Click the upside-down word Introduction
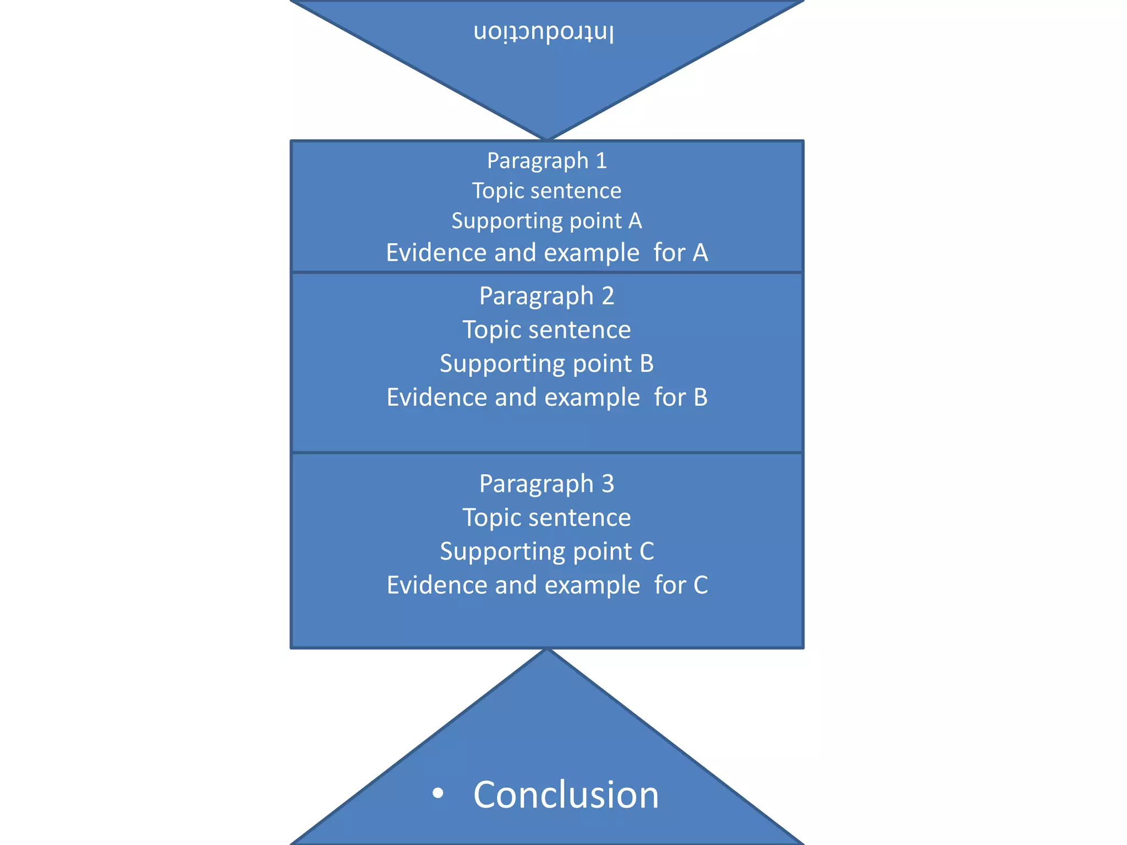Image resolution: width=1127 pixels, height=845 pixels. point(544,32)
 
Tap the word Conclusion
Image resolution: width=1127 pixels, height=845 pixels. point(566,794)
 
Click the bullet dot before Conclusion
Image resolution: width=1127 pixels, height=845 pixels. point(438,793)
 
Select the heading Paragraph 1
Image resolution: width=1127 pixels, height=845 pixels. point(546,161)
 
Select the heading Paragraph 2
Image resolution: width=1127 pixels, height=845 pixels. point(546,296)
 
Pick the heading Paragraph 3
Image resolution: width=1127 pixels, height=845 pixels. point(546,484)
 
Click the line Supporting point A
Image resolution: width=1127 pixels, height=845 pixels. point(546,221)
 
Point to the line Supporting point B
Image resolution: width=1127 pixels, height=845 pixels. point(546,364)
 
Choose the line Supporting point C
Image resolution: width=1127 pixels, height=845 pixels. point(546,551)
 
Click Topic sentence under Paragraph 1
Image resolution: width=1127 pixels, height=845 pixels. point(546,191)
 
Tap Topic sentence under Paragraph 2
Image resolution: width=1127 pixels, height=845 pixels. point(546,330)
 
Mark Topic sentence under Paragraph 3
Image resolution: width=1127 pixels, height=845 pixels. point(546,518)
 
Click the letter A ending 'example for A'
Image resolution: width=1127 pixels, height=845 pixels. point(700,253)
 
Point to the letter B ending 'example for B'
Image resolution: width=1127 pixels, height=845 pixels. point(701,397)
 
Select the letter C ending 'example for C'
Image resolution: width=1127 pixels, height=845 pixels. point(701,585)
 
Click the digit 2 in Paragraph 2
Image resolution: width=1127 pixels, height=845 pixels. point(608,296)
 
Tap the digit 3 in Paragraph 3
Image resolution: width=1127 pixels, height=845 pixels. point(608,484)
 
